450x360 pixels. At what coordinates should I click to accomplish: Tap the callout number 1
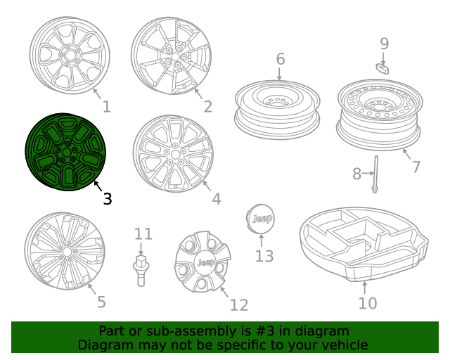coord(106,107)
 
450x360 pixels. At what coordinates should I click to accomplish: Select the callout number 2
coord(207,107)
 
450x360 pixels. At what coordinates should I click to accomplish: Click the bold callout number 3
coord(107,199)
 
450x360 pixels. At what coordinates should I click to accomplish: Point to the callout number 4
coord(216,199)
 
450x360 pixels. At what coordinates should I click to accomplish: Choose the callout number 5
coord(101,302)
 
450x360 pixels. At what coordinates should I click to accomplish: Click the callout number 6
coord(280,59)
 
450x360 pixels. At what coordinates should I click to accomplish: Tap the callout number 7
coord(416,167)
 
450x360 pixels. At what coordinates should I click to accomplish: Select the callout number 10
coord(367,303)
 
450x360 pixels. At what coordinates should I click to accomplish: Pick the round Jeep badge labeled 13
coord(263,219)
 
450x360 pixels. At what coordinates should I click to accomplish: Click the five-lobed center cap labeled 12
coord(205,263)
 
